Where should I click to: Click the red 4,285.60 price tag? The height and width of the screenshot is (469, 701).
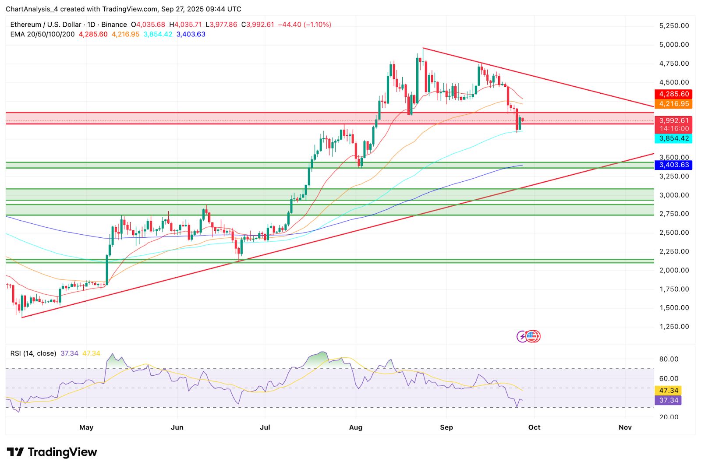[x=673, y=94]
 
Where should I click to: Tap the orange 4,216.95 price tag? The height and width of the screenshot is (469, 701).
[x=673, y=104]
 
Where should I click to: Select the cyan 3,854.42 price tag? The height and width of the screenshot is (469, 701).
[x=673, y=138]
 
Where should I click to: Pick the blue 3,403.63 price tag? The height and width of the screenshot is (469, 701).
[x=673, y=165]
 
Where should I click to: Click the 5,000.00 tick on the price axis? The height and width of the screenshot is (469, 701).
[x=674, y=45]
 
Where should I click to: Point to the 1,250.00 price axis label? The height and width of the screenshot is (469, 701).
[x=674, y=327]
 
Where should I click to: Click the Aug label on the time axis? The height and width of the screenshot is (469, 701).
[x=356, y=427]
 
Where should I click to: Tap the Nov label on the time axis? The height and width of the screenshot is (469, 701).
[x=625, y=427]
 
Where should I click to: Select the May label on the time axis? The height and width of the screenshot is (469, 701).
[x=86, y=427]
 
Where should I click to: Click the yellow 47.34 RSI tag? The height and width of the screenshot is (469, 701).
[x=668, y=391]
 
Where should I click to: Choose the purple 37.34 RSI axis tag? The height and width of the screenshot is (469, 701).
[x=668, y=400]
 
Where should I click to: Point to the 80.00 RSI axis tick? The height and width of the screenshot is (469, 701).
[x=669, y=359]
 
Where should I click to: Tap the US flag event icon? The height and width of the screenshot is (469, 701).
[x=531, y=336]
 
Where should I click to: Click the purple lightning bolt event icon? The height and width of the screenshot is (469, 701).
[x=522, y=336]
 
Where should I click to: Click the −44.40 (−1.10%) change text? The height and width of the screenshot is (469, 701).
[x=304, y=25]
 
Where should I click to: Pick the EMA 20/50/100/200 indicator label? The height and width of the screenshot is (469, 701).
[x=42, y=34]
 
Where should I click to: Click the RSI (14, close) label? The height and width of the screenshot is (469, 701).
[x=33, y=353]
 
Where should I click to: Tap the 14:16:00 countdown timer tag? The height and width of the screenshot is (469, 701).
[x=673, y=129]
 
